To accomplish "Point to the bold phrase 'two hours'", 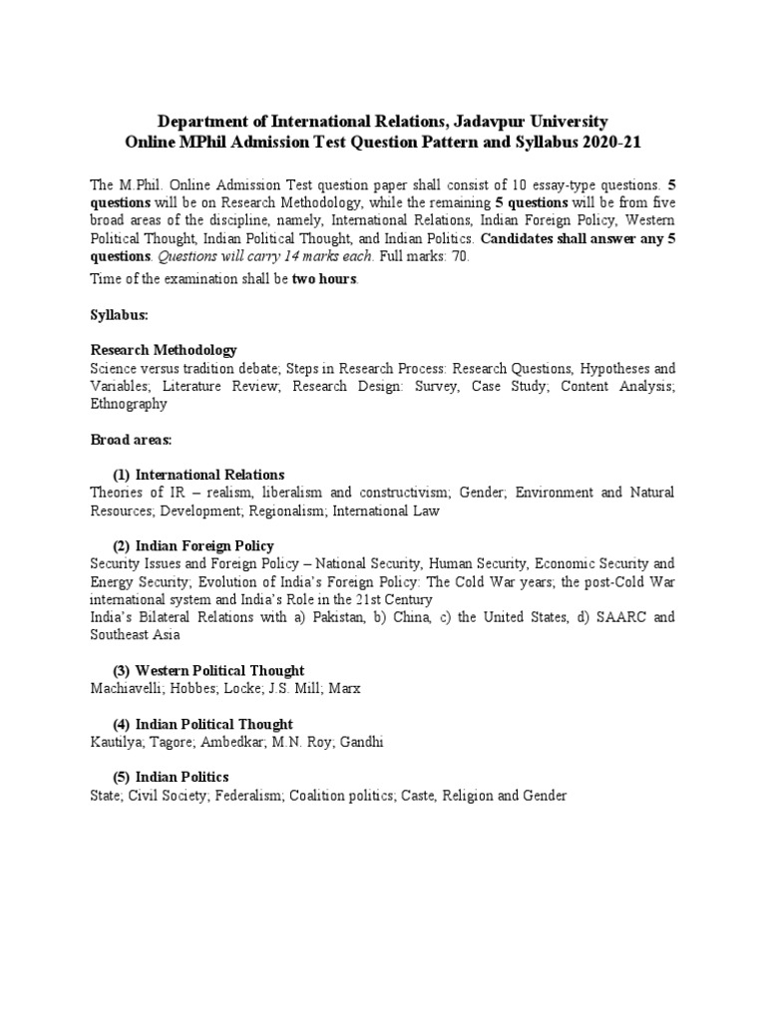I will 323,278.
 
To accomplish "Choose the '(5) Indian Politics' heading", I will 171,777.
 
